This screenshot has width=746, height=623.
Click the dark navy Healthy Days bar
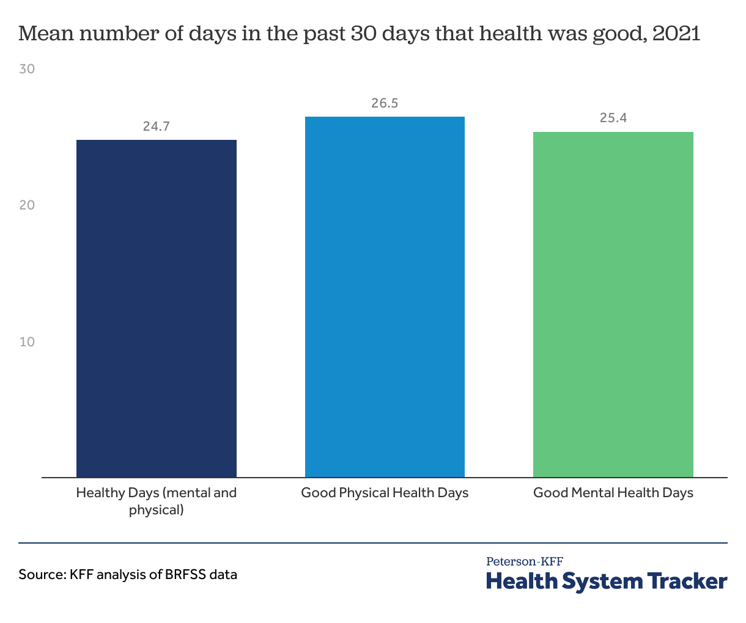coord(157,308)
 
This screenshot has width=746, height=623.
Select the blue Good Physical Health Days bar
coord(385,297)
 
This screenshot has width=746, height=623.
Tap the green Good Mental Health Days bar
coord(613,304)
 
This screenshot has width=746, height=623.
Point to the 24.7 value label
coord(157,126)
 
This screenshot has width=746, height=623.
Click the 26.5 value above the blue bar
coord(385,103)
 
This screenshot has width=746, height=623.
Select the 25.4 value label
coord(613,118)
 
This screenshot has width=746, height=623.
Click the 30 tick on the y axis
coord(27,69)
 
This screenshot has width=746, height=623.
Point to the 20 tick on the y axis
coord(27,205)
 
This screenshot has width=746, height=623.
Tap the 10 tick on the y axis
coord(27,342)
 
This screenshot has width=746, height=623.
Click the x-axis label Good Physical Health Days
coord(385,493)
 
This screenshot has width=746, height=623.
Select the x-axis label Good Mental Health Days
coord(613,493)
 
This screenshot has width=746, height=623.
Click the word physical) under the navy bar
coord(156,510)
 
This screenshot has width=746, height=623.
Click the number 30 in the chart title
coord(364,34)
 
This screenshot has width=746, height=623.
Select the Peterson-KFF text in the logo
coord(525,562)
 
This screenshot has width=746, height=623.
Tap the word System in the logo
coord(602,582)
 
